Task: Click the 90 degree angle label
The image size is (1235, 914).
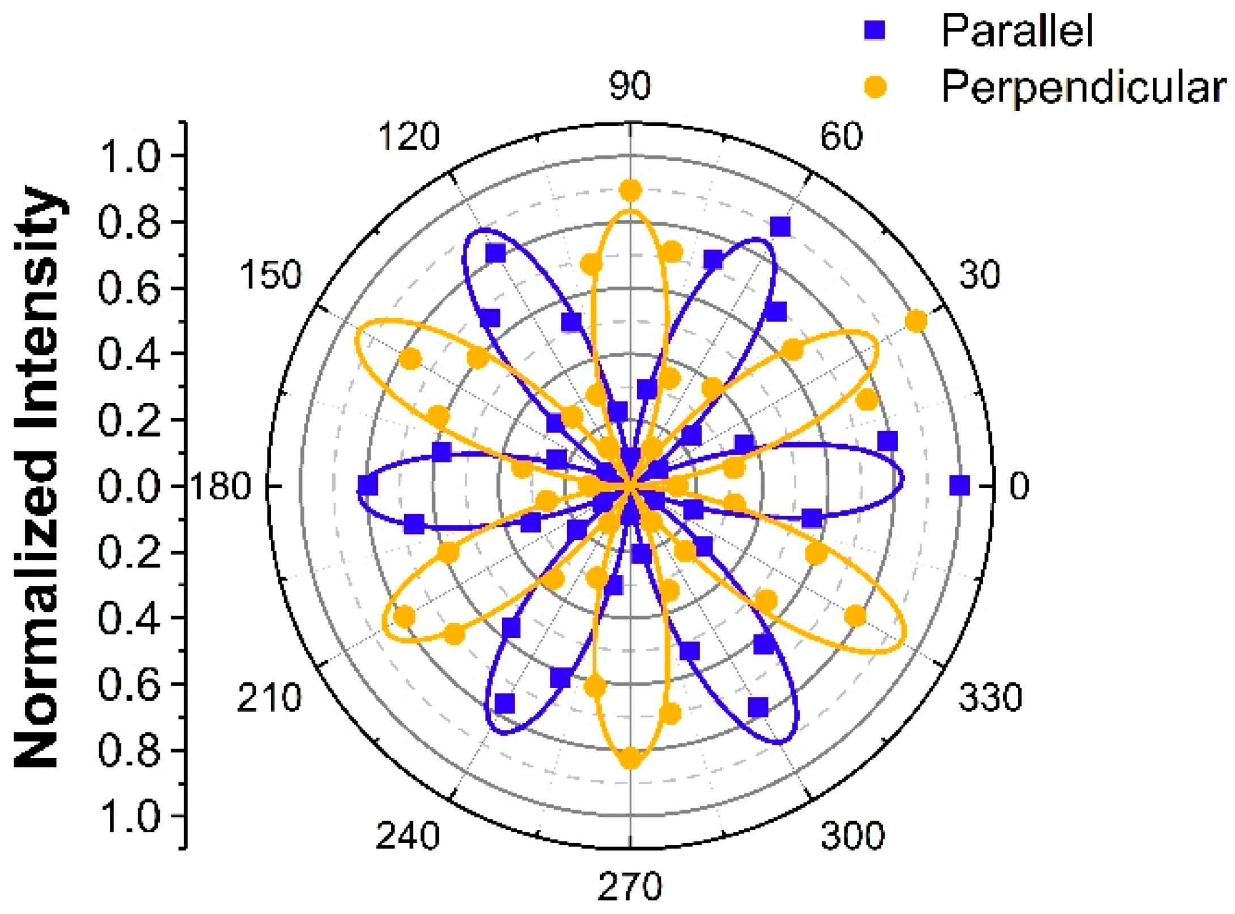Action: [630, 86]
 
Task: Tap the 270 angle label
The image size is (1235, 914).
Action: [630, 886]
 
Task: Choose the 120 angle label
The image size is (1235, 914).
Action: [409, 137]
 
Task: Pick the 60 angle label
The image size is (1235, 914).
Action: [841, 136]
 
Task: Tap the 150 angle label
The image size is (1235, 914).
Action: [270, 275]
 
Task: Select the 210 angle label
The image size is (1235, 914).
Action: [269, 698]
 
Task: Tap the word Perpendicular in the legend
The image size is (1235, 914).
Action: [1083, 87]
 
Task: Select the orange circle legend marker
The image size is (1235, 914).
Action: [875, 87]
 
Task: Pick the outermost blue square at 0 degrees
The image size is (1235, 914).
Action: [960, 485]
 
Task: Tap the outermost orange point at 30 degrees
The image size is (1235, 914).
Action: [916, 321]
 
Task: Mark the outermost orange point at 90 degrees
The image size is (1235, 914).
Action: [630, 191]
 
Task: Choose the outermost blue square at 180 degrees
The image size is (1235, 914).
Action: [367, 486]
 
